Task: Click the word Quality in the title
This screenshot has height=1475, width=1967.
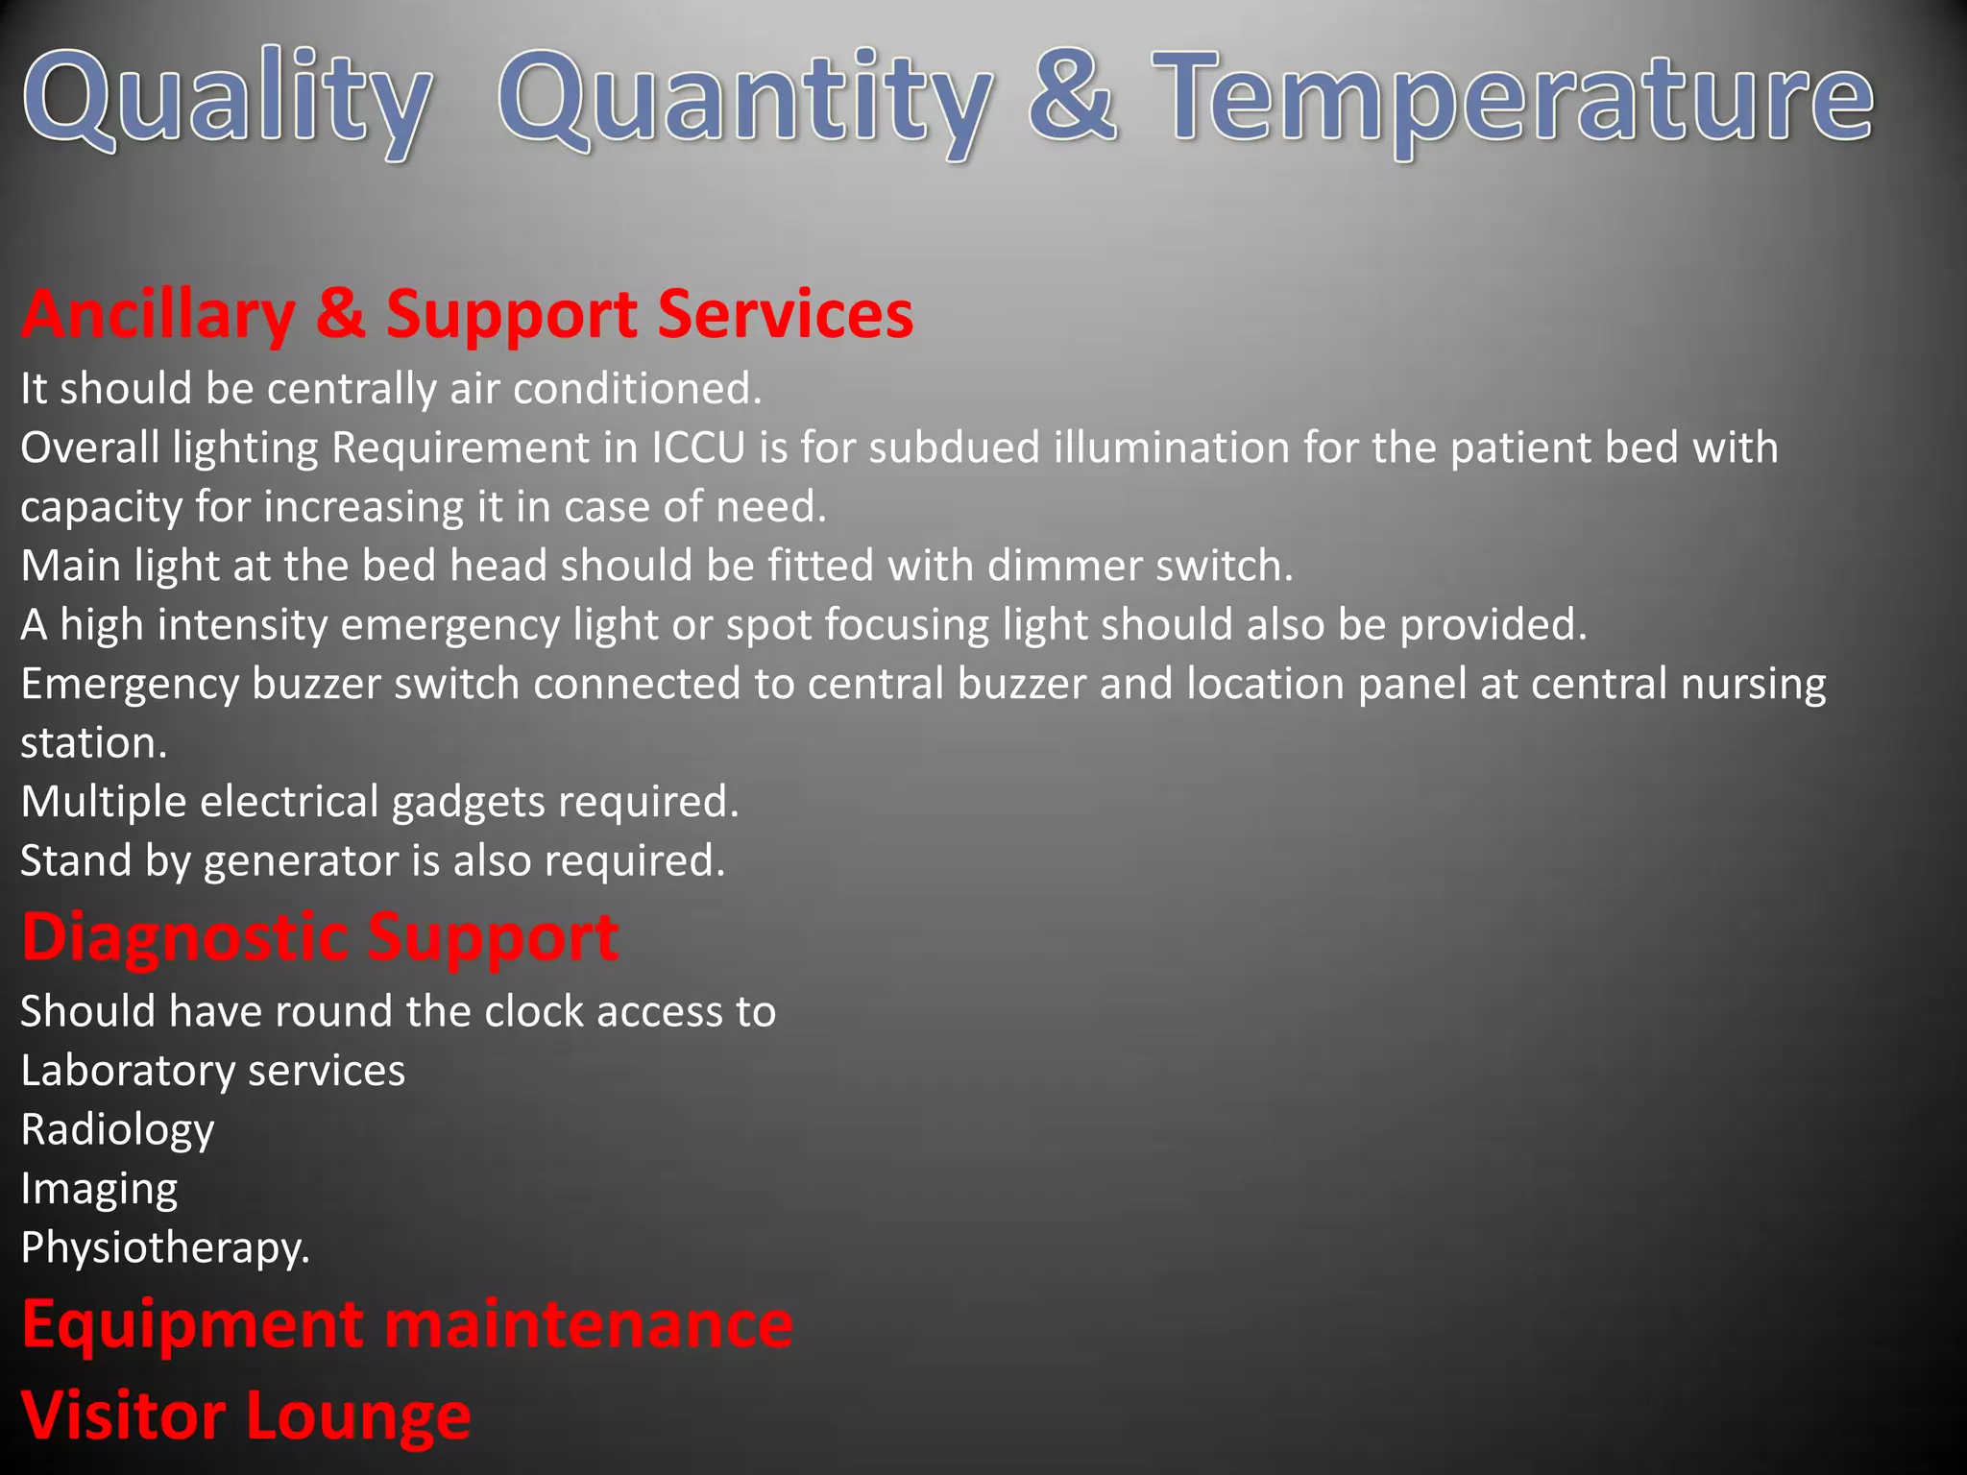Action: coord(227,101)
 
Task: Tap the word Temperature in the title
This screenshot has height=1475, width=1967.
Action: coord(1514,101)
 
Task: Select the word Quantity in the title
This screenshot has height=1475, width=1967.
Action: coord(745,101)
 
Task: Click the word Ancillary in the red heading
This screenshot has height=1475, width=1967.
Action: coord(158,315)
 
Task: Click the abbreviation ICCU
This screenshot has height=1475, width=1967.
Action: coord(698,448)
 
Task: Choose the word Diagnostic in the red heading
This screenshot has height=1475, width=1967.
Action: coord(186,937)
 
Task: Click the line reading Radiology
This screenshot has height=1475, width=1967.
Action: coord(118,1130)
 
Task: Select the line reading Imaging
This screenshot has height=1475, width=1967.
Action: coord(100,1190)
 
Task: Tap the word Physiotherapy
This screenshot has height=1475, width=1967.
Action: coord(165,1248)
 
